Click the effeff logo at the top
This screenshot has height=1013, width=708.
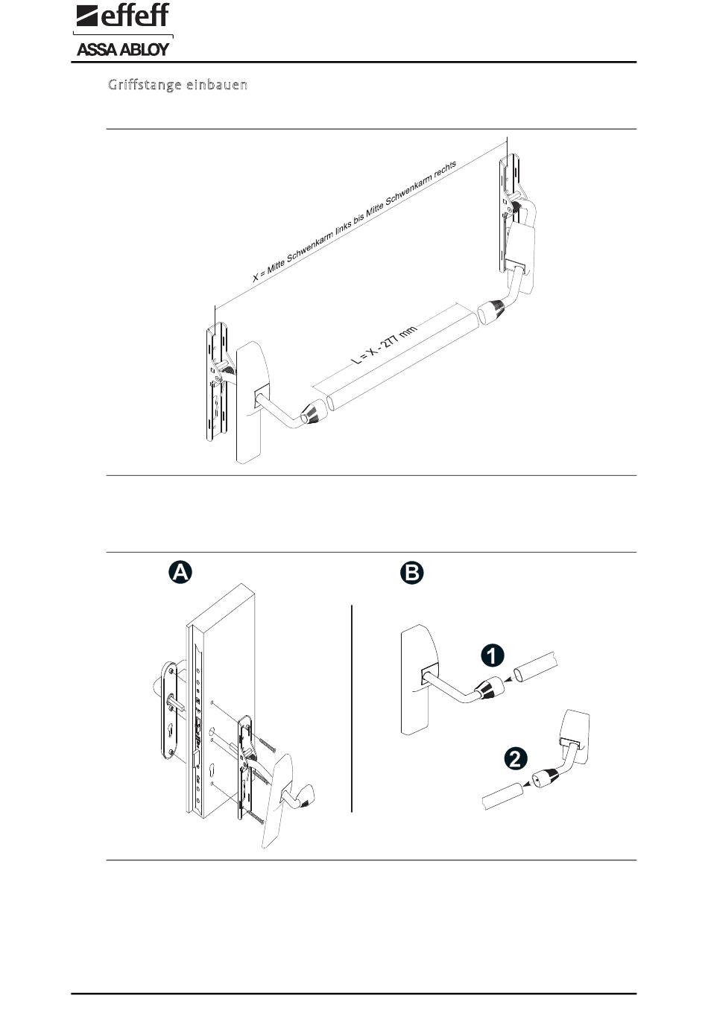pos(124,16)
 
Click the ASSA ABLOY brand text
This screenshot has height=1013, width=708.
pos(124,50)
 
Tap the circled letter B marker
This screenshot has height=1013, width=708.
pos(411,572)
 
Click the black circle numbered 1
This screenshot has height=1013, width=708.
pos(492,655)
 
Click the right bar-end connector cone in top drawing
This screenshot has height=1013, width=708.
pos(493,308)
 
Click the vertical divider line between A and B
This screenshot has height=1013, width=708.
pos(351,708)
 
